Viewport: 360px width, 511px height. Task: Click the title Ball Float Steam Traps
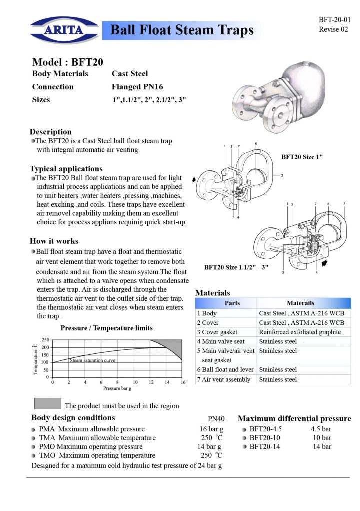click(x=182, y=30)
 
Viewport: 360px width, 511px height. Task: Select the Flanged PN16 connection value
click(x=137, y=87)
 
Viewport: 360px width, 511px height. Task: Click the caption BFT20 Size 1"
click(x=302, y=157)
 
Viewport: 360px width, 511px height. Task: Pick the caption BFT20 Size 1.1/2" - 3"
click(x=236, y=267)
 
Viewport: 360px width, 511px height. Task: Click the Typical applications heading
click(x=66, y=169)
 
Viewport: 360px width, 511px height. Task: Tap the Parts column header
click(x=232, y=303)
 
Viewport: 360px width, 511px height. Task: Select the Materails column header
click(x=300, y=303)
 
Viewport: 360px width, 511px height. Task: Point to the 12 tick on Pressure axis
click(x=150, y=382)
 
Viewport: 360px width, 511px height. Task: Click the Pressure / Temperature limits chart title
click(x=107, y=328)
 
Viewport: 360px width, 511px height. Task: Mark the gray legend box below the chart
click(x=47, y=403)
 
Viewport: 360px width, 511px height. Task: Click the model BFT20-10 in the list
click(x=265, y=438)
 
